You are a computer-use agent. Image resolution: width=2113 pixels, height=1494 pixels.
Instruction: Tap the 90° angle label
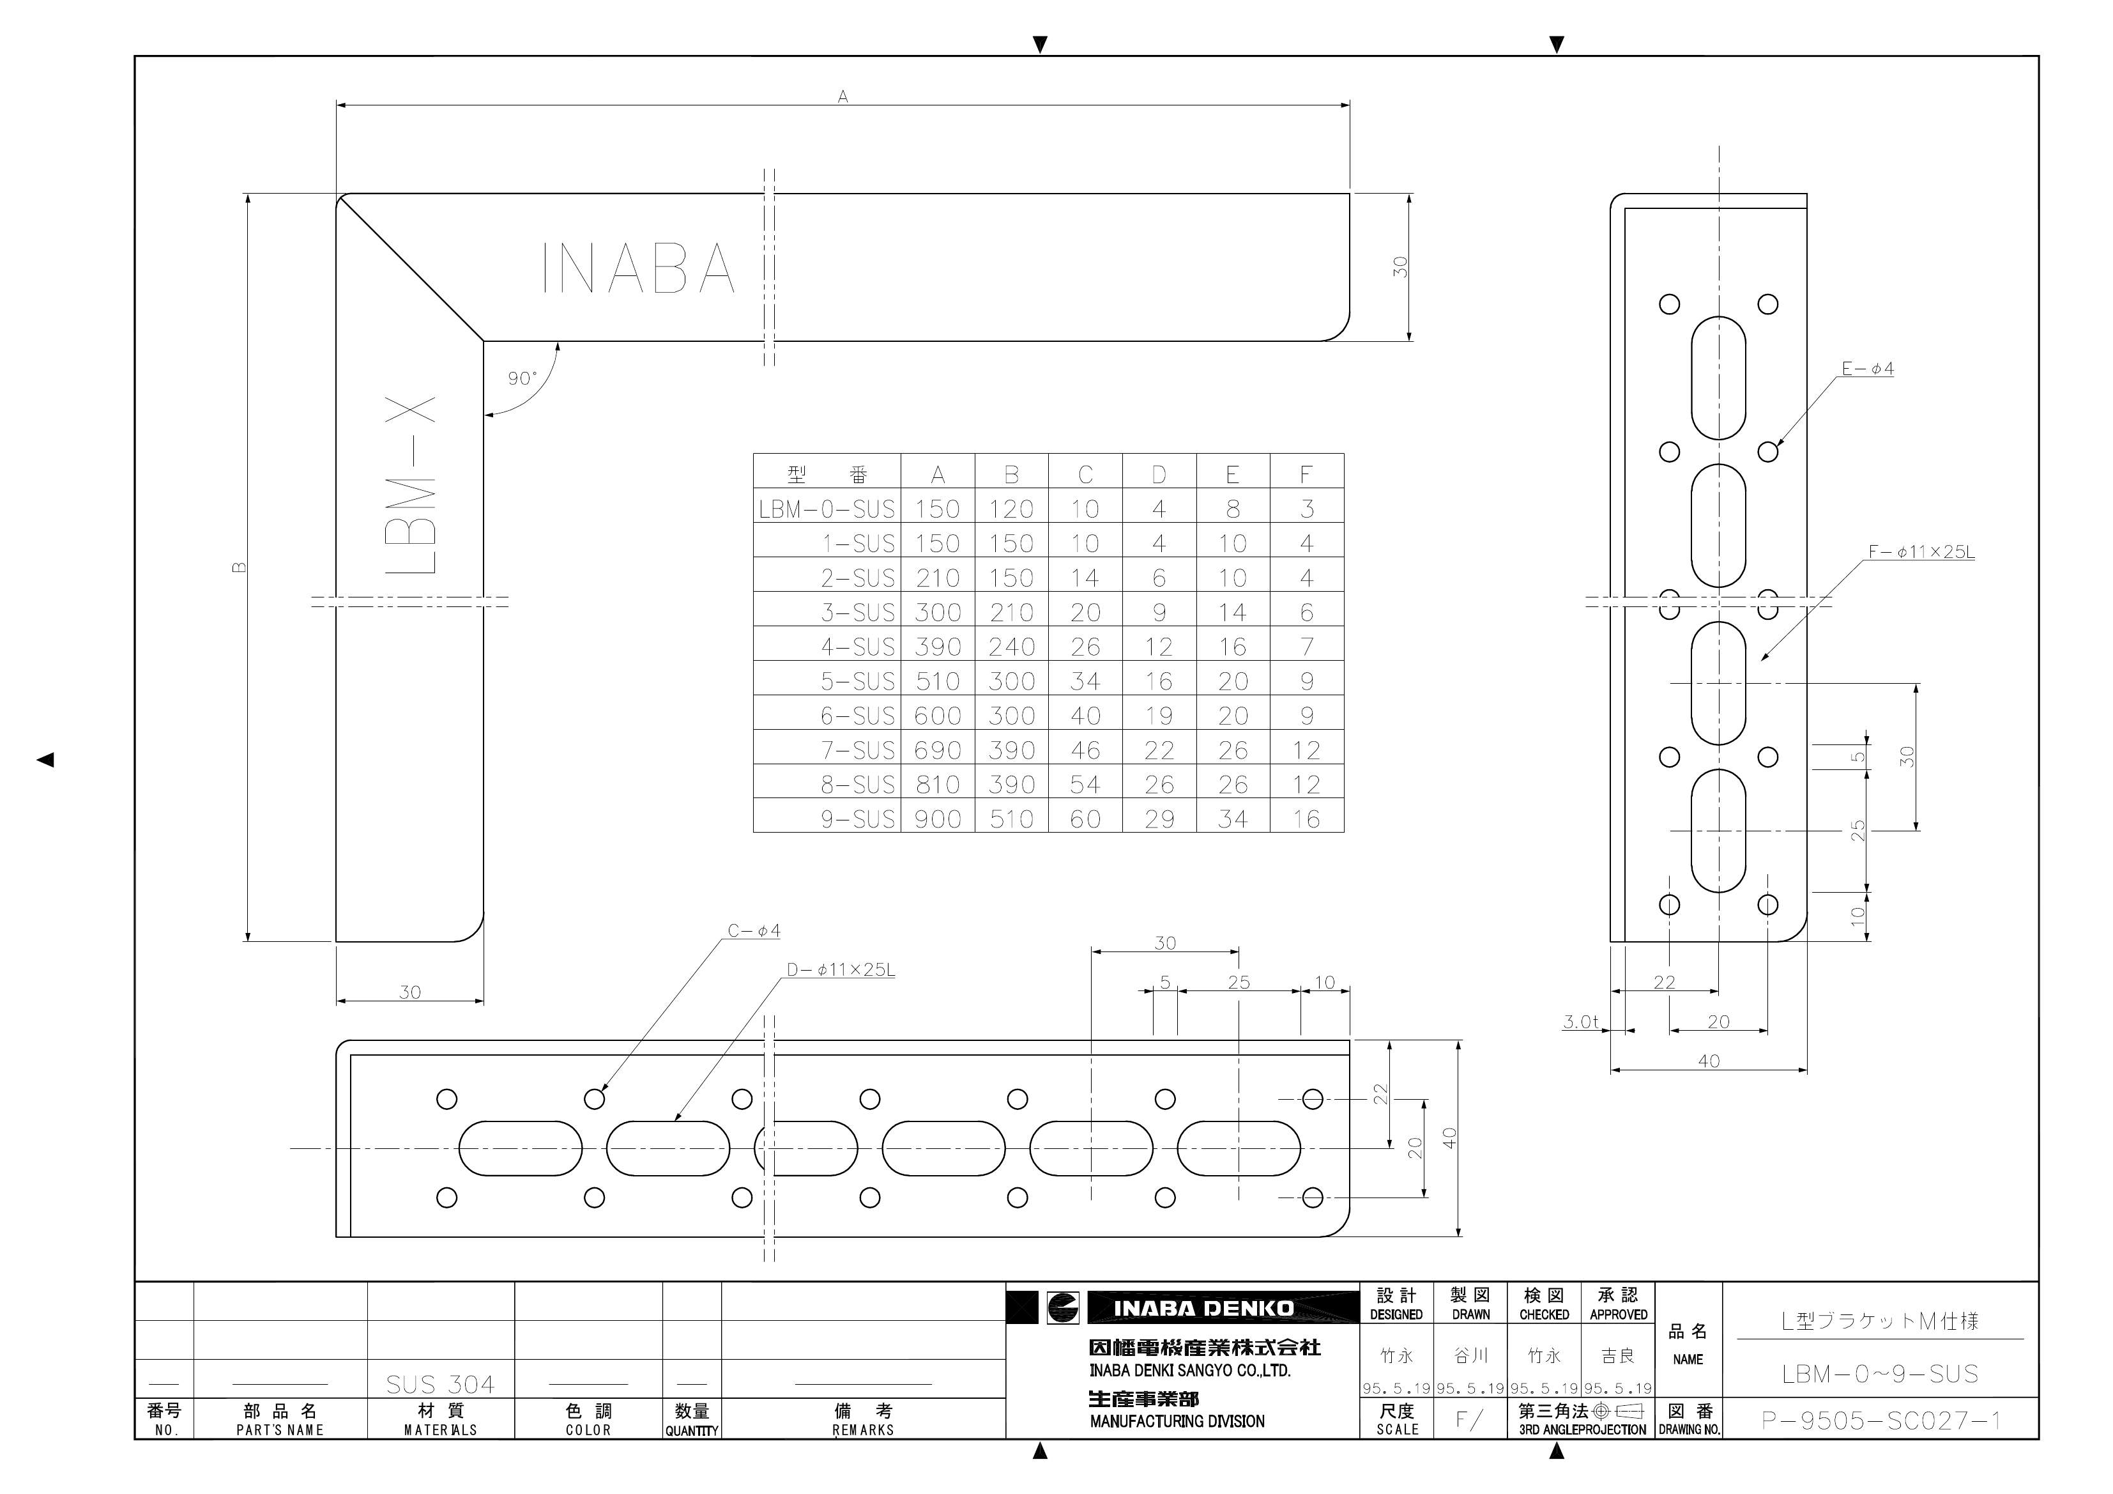(x=522, y=378)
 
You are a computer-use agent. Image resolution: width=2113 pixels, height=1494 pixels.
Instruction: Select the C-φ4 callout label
(x=754, y=930)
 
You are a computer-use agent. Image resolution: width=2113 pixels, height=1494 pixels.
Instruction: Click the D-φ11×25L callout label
(x=840, y=969)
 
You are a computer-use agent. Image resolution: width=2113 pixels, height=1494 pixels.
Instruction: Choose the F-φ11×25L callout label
(x=1921, y=552)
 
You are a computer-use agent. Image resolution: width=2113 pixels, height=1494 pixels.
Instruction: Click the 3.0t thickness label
(x=1581, y=1022)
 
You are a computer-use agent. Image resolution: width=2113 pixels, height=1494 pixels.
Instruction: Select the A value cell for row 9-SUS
(x=938, y=819)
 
